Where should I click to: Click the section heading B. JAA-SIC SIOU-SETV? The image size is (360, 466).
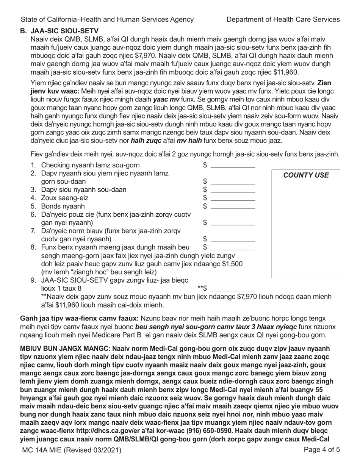coord(59,31)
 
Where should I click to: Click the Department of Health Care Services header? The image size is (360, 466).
coord(283,19)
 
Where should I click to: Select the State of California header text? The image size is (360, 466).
coord(107,19)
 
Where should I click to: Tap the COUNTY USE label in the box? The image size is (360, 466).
coord(306,175)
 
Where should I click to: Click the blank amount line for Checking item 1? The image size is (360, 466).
coord(233,166)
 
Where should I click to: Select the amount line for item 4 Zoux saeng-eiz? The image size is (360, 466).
coord(233,198)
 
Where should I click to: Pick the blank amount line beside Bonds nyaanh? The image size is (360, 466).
coord(233,207)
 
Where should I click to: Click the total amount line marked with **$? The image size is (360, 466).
coord(233,289)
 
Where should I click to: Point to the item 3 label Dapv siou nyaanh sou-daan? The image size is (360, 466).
coord(84,190)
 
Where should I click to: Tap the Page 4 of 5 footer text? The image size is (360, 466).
coord(322,450)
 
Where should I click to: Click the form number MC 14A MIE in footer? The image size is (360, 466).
coord(50,450)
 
